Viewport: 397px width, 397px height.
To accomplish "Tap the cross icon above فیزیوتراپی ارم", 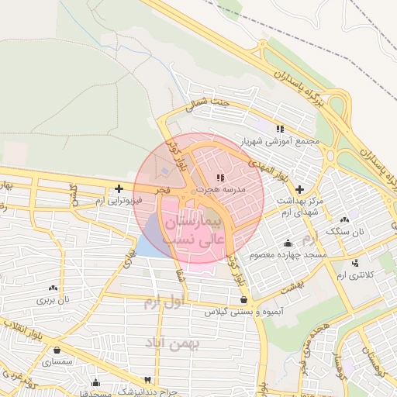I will [119, 188].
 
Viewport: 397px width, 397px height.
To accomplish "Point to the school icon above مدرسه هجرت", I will [221, 178].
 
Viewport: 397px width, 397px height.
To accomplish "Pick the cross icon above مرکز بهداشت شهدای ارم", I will [299, 188].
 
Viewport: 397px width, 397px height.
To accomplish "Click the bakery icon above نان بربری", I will [54, 288].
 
